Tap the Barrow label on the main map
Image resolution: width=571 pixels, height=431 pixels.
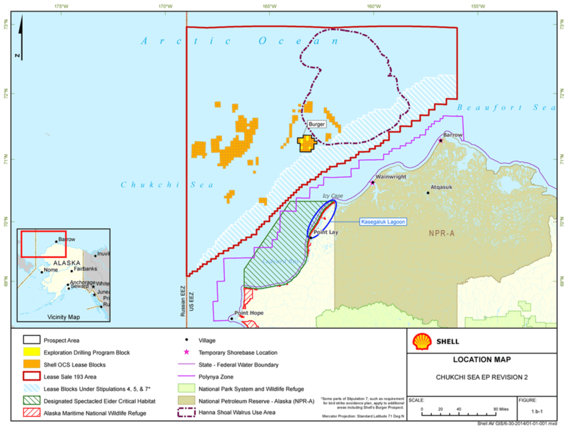pos(453,135)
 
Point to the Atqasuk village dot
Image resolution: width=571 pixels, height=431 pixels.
pos(428,193)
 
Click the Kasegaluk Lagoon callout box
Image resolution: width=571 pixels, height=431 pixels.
pos(383,221)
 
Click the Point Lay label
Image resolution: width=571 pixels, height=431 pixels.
pos(326,233)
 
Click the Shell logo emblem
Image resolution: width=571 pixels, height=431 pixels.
pos(421,341)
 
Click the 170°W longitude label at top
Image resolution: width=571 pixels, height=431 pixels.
pos(165,6)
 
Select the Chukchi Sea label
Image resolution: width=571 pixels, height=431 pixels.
pos(167,185)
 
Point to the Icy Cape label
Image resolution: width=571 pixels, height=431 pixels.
pos(334,196)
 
